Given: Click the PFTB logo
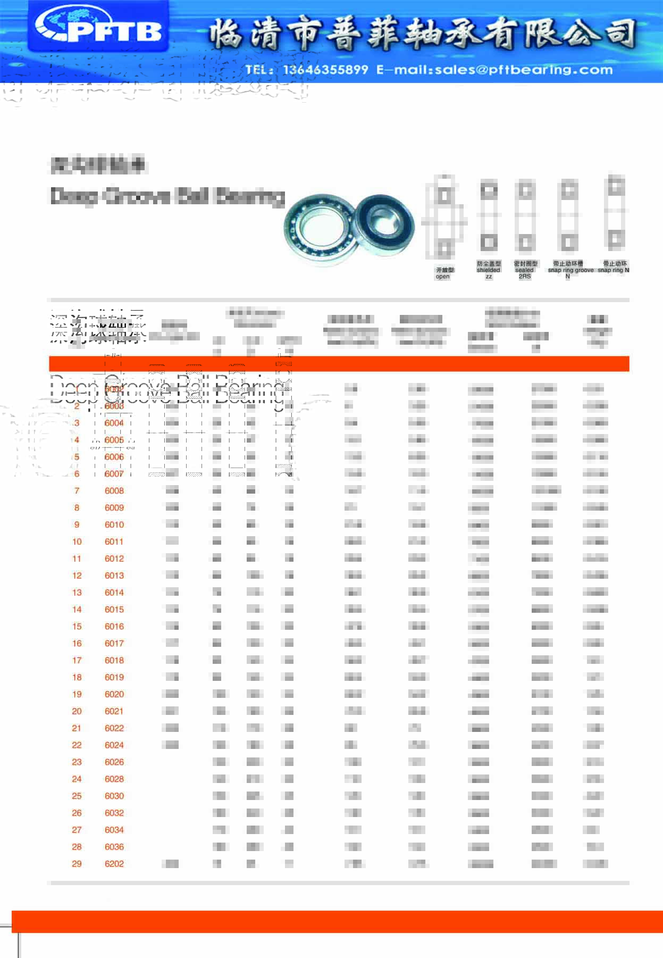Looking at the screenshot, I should (98, 27).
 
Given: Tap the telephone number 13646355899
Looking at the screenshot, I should (325, 70).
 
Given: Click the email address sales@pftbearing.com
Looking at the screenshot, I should (524, 70).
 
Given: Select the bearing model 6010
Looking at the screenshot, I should (114, 524).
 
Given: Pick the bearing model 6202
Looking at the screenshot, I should (114, 864).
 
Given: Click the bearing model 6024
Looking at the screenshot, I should (114, 745).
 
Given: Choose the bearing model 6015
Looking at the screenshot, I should (114, 610).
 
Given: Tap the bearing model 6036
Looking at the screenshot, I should (114, 847).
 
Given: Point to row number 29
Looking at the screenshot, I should (77, 864).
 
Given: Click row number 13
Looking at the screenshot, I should (77, 593).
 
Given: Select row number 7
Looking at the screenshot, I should (77, 491).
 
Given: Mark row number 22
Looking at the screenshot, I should (77, 745).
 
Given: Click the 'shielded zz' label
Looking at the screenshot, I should (489, 270).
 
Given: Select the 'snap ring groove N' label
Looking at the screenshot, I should (569, 270).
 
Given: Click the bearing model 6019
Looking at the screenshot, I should (114, 677).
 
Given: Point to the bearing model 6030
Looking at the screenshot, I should (114, 796).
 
